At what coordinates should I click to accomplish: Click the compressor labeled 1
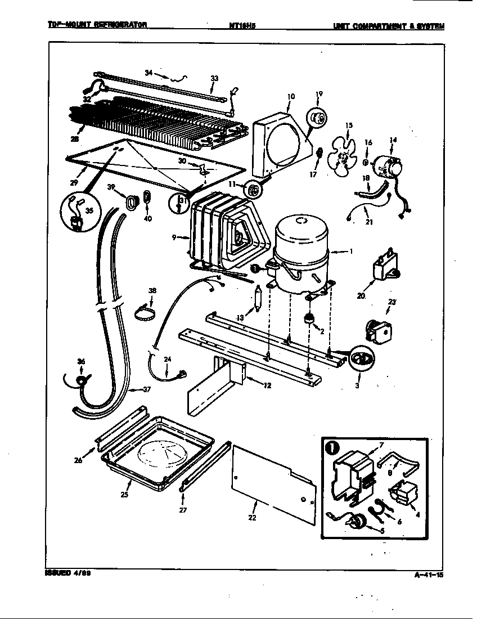(x=301, y=253)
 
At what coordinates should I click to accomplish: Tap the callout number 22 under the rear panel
(x=253, y=518)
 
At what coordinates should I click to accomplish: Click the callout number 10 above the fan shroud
(x=290, y=96)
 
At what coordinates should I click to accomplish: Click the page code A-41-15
(x=428, y=574)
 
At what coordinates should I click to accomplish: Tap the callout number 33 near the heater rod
(x=214, y=78)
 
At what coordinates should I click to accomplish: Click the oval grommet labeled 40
(x=147, y=198)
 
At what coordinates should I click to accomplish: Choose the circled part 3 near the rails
(x=361, y=360)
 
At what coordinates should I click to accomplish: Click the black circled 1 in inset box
(x=332, y=448)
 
